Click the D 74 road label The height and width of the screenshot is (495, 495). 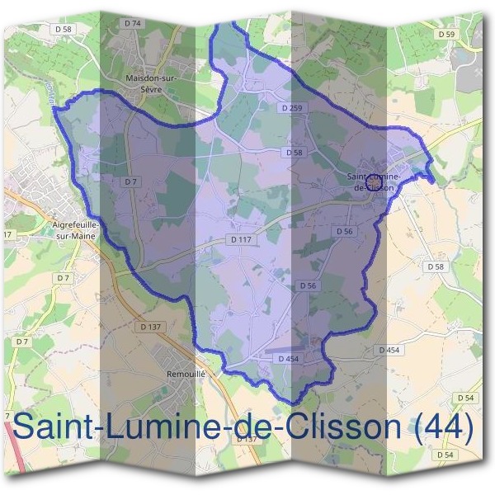[x=133, y=24]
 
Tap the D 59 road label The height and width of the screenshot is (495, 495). [x=446, y=34]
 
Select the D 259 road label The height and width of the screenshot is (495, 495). [x=292, y=108]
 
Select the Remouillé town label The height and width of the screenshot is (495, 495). [x=185, y=374]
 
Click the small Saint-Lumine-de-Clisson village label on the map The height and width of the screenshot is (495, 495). [x=374, y=181]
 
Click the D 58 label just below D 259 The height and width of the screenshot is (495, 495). [x=295, y=153]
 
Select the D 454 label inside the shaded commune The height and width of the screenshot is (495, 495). [x=288, y=359]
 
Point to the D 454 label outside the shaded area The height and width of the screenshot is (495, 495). [x=389, y=351]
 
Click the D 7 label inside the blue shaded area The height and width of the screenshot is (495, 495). [x=130, y=181]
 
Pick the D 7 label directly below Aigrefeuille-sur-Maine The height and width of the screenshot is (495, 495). [x=63, y=278]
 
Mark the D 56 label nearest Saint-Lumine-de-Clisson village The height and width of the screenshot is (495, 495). [x=344, y=232]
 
